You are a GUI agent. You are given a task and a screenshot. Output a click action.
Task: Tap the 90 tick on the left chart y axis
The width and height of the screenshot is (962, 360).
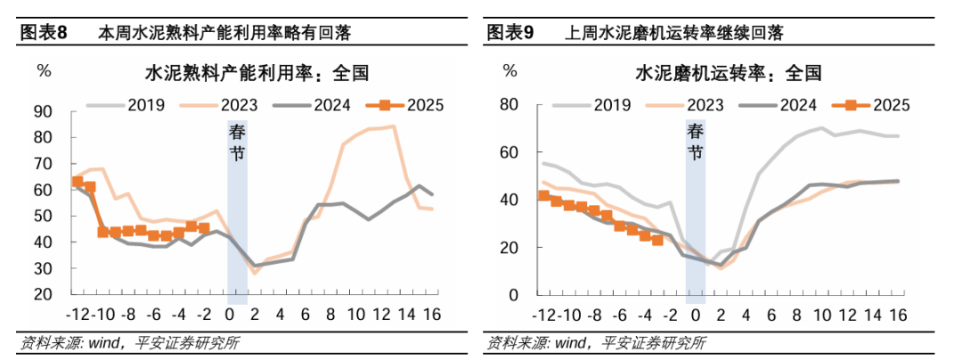coord(44,112)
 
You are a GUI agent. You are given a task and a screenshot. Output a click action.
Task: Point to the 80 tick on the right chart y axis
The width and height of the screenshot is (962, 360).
coord(509,104)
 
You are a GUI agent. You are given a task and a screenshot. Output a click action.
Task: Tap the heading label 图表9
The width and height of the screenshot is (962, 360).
coord(510,34)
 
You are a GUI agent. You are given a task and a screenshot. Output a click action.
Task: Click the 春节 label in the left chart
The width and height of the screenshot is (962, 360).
coord(237,143)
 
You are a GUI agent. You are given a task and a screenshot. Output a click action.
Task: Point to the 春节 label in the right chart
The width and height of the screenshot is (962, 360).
coord(695,143)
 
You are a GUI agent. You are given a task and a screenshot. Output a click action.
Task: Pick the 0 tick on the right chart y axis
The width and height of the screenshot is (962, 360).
coord(513,294)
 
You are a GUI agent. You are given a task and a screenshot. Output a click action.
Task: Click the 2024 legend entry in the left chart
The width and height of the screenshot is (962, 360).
coord(330,105)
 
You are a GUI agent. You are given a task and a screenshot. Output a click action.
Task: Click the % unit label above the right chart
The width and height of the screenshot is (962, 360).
coord(510,70)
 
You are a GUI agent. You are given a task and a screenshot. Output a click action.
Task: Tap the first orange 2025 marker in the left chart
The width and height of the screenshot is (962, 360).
coord(77,182)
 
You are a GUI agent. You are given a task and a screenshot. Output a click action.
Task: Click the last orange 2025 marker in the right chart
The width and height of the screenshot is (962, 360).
coord(657,239)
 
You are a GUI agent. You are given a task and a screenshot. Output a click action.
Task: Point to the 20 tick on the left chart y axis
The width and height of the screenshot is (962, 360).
coord(44,294)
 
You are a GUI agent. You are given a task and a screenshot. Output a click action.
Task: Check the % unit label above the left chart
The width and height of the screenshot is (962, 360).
coord(43,70)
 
